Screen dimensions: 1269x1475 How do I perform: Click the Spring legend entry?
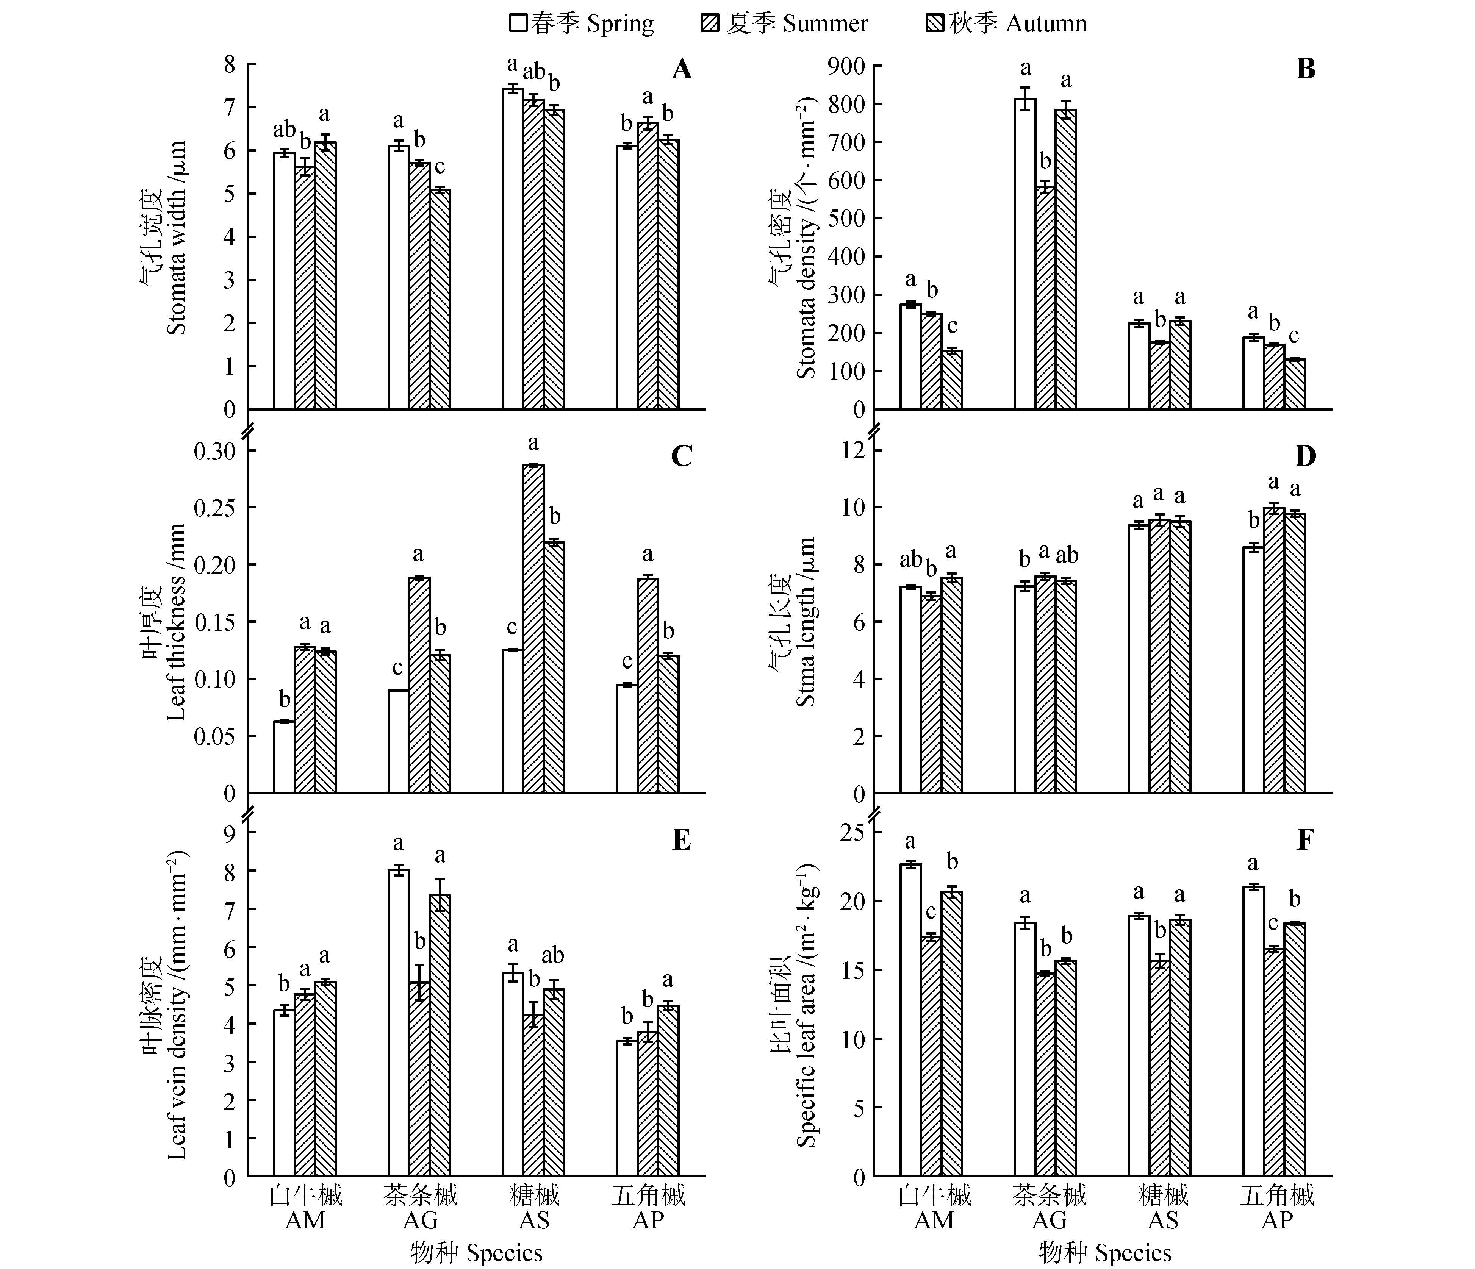pos(581,23)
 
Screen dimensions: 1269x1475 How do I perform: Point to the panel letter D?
pos(1305,455)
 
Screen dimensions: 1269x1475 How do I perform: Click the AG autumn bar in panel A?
pos(439,299)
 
